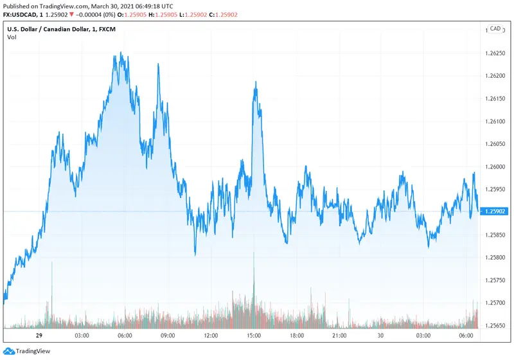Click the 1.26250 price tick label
point(496,53)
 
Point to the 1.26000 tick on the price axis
point(496,166)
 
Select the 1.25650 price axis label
point(496,325)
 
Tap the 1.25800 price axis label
point(496,257)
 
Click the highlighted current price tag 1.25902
point(496,212)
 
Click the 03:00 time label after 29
point(82,336)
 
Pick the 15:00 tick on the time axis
point(254,336)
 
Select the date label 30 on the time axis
point(380,336)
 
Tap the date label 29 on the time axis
point(39,336)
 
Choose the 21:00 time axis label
point(340,336)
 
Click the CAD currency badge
point(495,29)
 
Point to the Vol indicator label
point(12,37)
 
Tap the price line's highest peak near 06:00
point(121,53)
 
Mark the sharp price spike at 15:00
point(256,82)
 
